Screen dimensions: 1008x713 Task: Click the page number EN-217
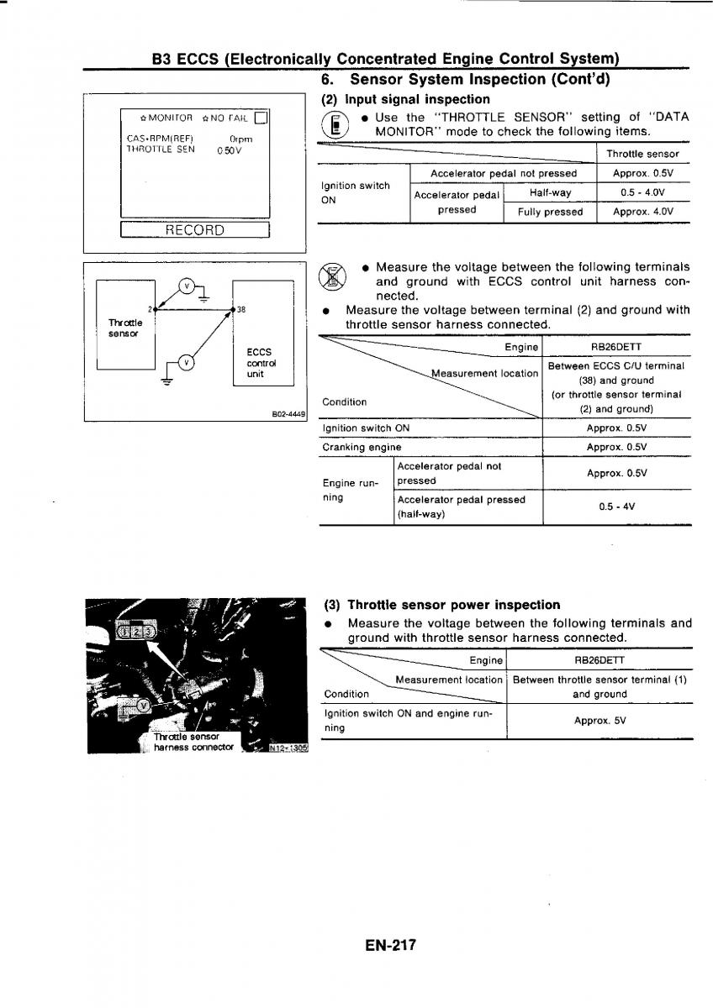click(x=391, y=945)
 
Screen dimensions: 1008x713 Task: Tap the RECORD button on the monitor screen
click(x=194, y=230)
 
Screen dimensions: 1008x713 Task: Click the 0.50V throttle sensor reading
click(x=228, y=151)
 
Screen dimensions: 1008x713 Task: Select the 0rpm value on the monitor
click(x=240, y=139)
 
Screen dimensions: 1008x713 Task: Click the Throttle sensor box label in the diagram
click(x=126, y=328)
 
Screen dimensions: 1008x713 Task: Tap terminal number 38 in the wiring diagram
click(x=241, y=309)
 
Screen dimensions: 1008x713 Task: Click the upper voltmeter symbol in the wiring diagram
click(x=187, y=285)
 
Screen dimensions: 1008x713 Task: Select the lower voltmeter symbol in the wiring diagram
click(x=187, y=363)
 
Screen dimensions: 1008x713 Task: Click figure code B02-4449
click(x=288, y=413)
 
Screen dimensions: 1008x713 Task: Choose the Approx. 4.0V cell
click(x=643, y=213)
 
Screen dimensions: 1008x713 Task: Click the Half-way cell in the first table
click(x=550, y=193)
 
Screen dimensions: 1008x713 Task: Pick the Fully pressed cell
click(x=550, y=213)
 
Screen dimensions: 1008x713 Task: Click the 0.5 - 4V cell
click(x=616, y=507)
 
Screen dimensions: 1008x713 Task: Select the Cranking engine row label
click(x=362, y=448)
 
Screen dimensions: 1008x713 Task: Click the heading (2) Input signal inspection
click(x=406, y=99)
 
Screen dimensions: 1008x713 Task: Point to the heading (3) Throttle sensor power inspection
click(x=441, y=605)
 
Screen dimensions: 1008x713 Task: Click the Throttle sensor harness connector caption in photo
click(x=192, y=742)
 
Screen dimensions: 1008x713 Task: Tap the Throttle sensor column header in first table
click(x=642, y=155)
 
